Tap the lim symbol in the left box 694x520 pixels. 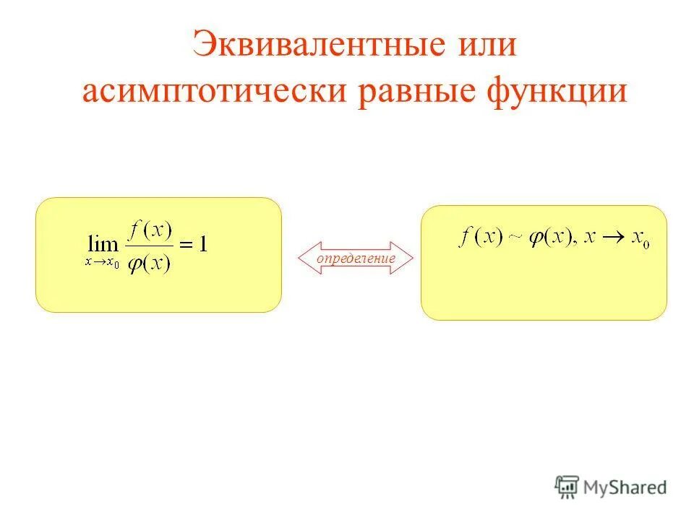(x=101, y=243)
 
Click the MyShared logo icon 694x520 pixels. (x=567, y=486)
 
